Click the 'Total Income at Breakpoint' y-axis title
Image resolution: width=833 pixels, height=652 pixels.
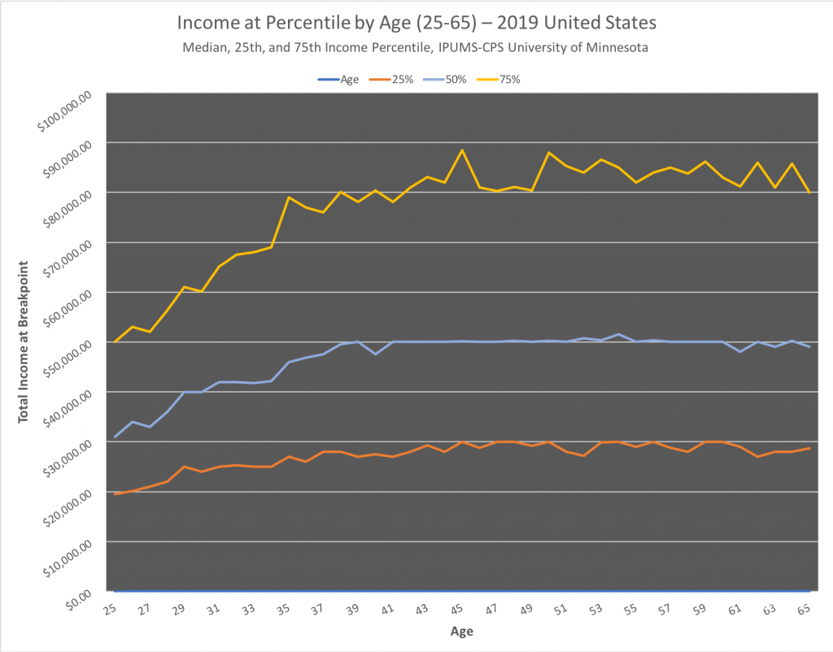click(x=24, y=341)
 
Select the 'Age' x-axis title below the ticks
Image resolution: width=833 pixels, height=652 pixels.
click(x=461, y=632)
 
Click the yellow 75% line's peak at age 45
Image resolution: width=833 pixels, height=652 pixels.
click(x=462, y=150)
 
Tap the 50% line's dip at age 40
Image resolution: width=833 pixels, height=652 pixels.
click(x=375, y=354)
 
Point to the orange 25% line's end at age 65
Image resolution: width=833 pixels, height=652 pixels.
click(x=809, y=448)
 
